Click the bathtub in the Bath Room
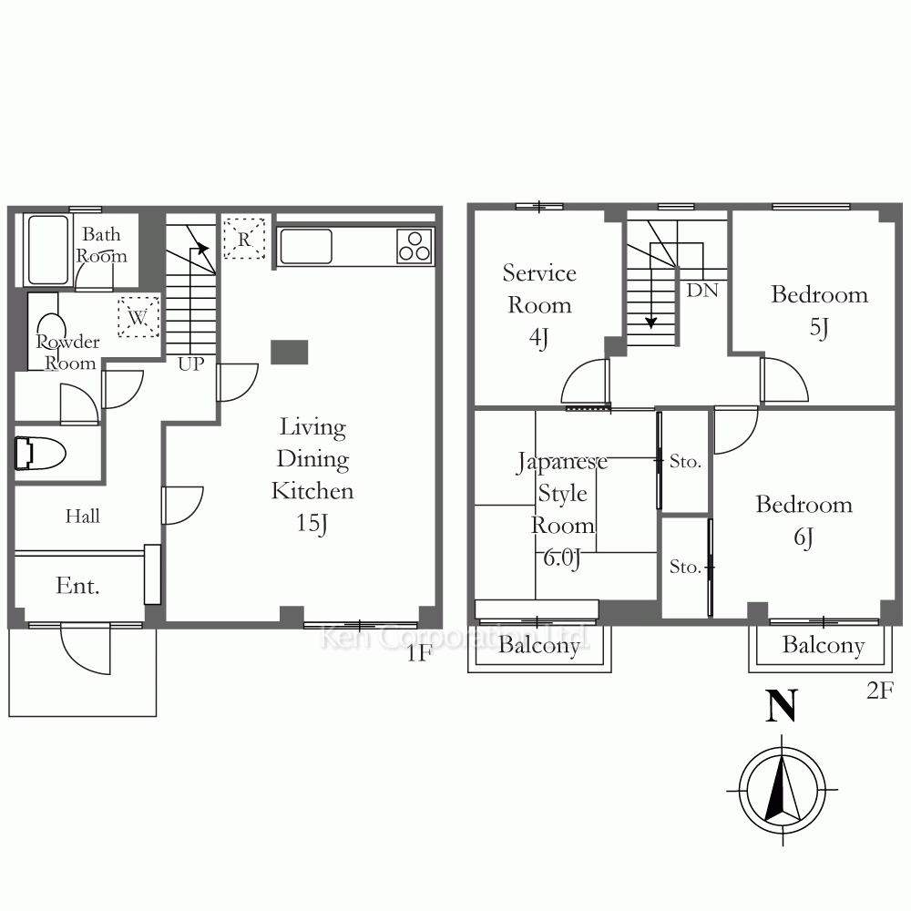click(48, 250)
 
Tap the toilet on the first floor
click(39, 453)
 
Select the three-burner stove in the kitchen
click(415, 246)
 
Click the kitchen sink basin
click(306, 246)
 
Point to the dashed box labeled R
click(244, 238)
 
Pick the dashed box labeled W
click(138, 317)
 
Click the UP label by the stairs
click(191, 364)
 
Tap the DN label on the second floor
click(702, 290)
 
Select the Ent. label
click(77, 585)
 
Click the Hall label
click(83, 516)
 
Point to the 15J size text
click(312, 524)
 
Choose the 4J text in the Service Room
click(539, 338)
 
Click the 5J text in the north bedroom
click(819, 328)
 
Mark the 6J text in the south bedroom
click(804, 537)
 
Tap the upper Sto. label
click(686, 461)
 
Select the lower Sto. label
click(686, 567)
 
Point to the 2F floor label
click(880, 691)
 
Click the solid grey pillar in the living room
click(290, 352)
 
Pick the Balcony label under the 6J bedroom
click(824, 645)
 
